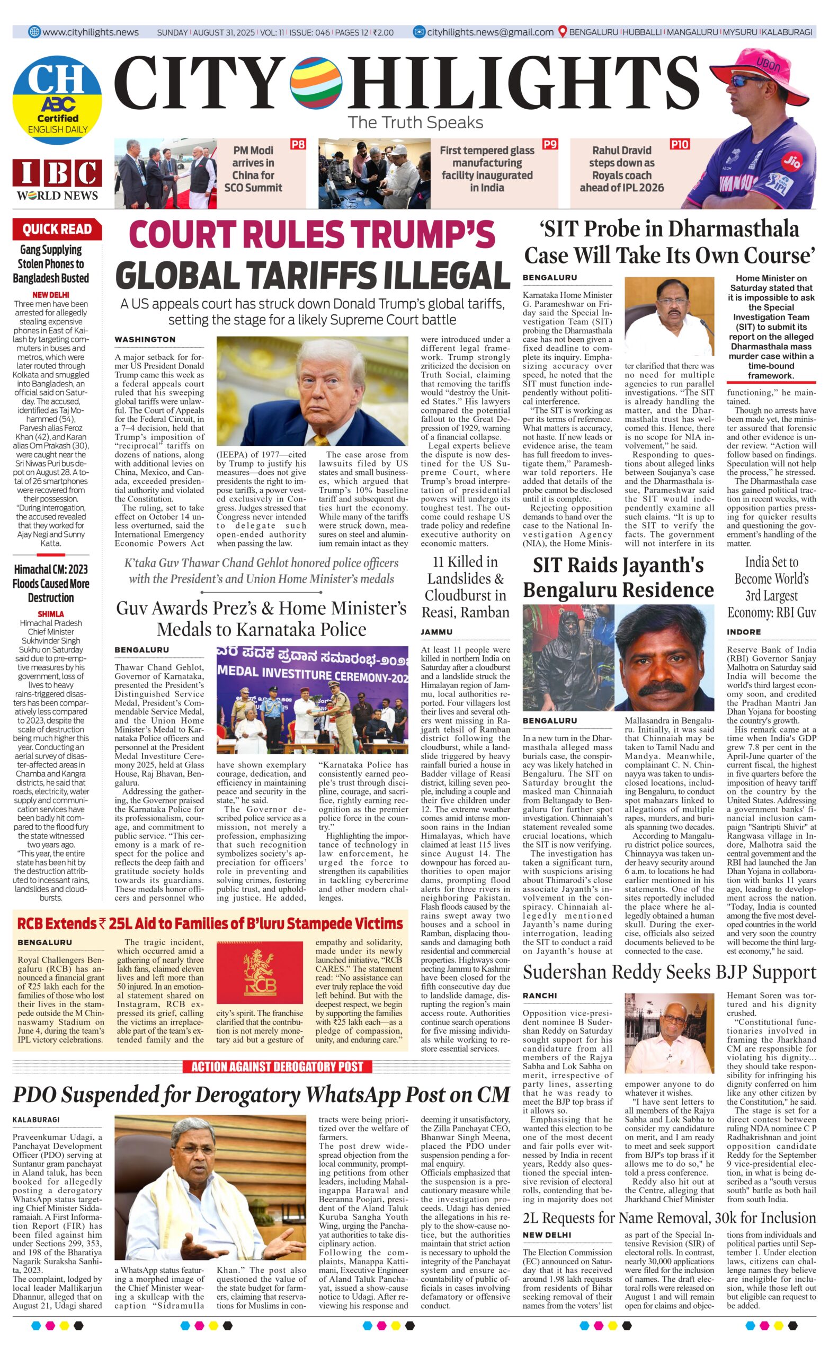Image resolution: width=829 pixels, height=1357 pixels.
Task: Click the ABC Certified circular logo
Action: coord(57,100)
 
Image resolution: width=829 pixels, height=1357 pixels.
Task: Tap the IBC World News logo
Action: coord(57,180)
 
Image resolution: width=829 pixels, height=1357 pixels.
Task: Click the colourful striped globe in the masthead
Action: coord(315,84)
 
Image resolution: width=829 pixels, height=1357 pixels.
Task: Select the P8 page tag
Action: coord(298,145)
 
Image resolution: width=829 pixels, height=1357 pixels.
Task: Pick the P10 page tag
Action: coord(679,145)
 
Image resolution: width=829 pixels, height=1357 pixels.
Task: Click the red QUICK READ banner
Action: coord(57,229)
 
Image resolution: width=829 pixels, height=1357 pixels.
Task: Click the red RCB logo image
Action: coord(259,973)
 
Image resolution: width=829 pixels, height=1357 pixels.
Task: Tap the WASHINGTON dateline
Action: coord(145,340)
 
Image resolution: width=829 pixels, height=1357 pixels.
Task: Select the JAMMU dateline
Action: coord(436,632)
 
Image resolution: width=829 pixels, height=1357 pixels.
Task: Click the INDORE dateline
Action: coord(743,632)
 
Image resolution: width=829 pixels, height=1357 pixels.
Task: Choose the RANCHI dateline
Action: coord(539,995)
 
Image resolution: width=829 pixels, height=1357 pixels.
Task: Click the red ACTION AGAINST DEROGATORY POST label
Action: coord(277,1067)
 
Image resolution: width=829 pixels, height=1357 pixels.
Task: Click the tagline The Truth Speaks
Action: coord(415,122)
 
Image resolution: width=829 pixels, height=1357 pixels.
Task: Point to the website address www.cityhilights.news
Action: coord(90,32)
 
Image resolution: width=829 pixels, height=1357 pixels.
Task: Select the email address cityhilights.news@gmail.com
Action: coord(490,32)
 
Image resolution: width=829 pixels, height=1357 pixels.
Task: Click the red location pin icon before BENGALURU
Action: coord(562,32)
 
